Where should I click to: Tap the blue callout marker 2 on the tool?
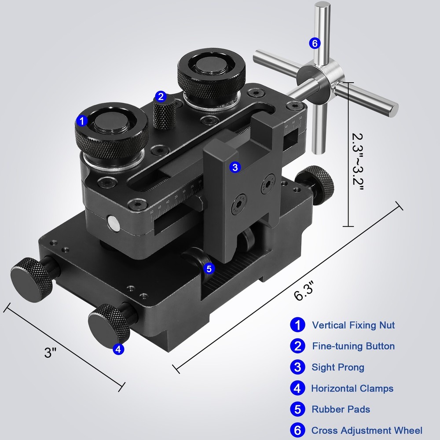161,96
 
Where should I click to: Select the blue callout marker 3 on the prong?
235,167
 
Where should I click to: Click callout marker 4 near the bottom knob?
118,349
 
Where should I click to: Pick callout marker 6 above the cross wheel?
314,43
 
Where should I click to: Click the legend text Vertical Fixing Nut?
353,326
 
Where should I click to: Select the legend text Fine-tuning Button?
353,346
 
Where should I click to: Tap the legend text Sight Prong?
338,367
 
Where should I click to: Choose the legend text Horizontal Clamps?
352,389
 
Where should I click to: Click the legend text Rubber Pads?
341,409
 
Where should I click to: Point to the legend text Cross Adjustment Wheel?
367,430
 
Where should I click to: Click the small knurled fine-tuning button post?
165,115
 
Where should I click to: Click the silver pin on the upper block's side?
113,223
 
